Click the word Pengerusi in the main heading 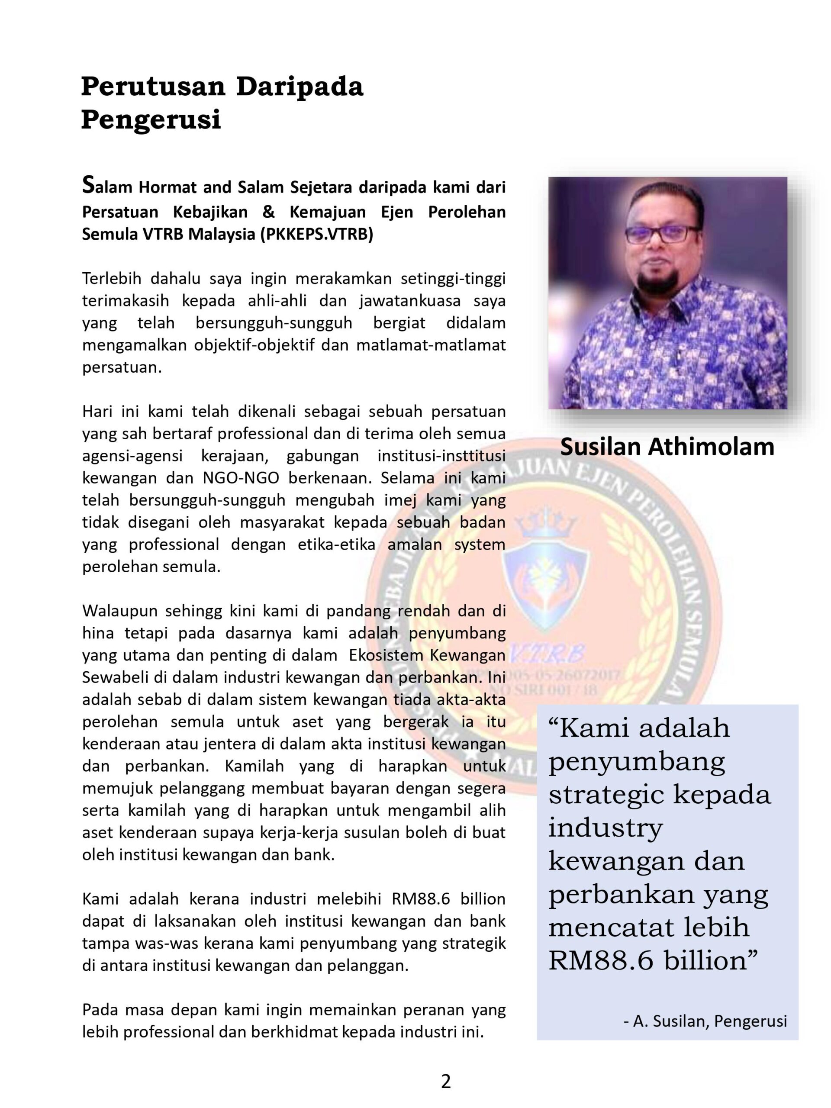[x=151, y=120]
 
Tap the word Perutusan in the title [x=153, y=87]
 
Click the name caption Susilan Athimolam [x=667, y=447]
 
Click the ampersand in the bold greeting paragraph [x=268, y=212]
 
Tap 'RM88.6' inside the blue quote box [x=601, y=960]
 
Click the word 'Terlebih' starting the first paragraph [x=111, y=278]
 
